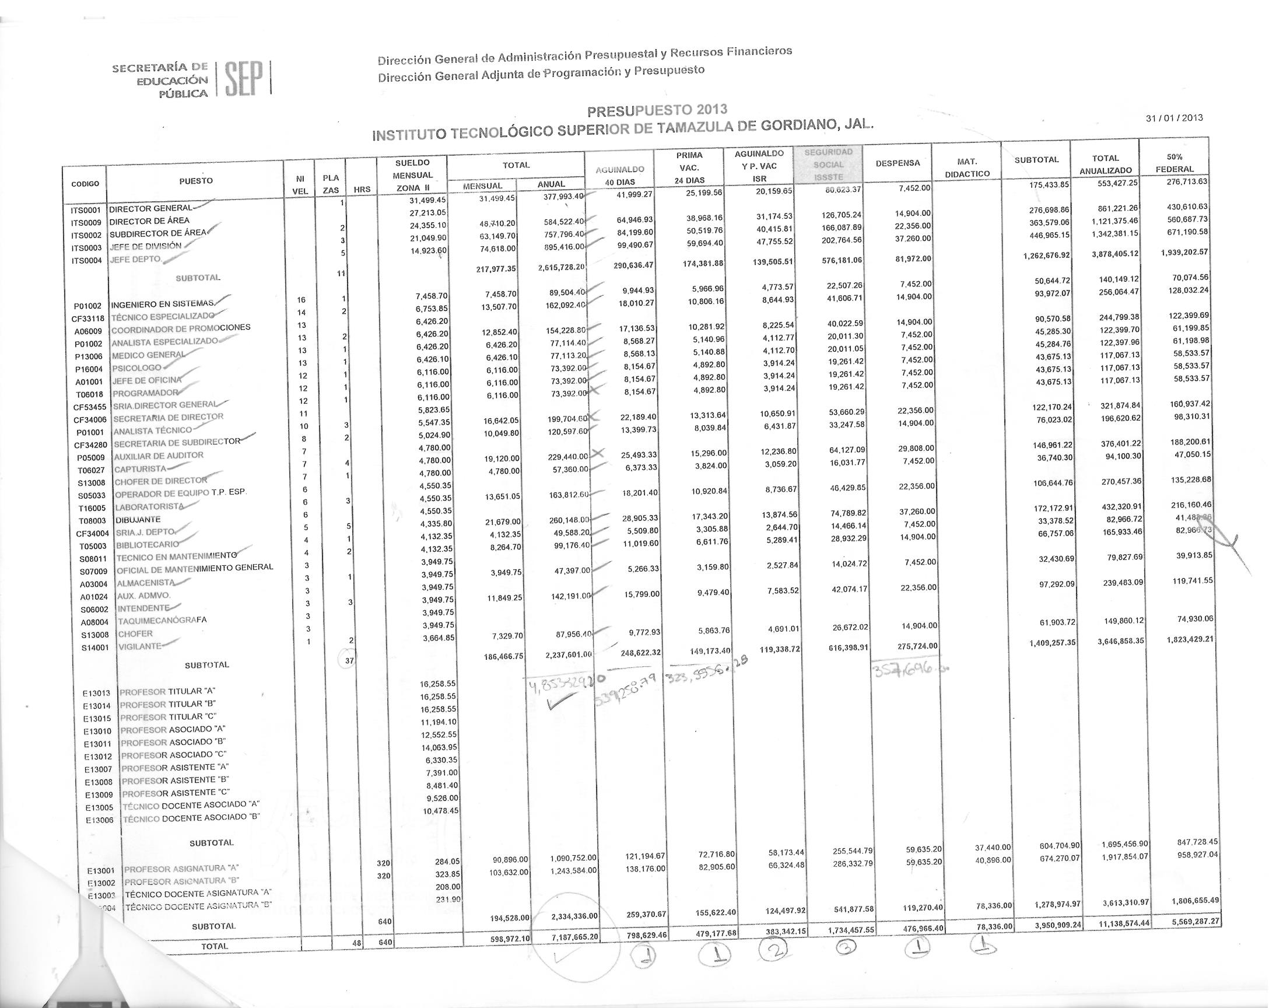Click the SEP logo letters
click(243, 78)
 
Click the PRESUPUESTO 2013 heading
click(657, 110)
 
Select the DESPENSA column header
click(898, 163)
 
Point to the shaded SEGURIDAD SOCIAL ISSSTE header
click(828, 165)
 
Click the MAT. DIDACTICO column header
click(967, 168)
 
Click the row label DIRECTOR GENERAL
click(150, 208)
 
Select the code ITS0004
click(86, 261)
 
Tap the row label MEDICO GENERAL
click(148, 355)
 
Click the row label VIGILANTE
click(139, 646)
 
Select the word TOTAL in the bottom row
click(214, 947)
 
